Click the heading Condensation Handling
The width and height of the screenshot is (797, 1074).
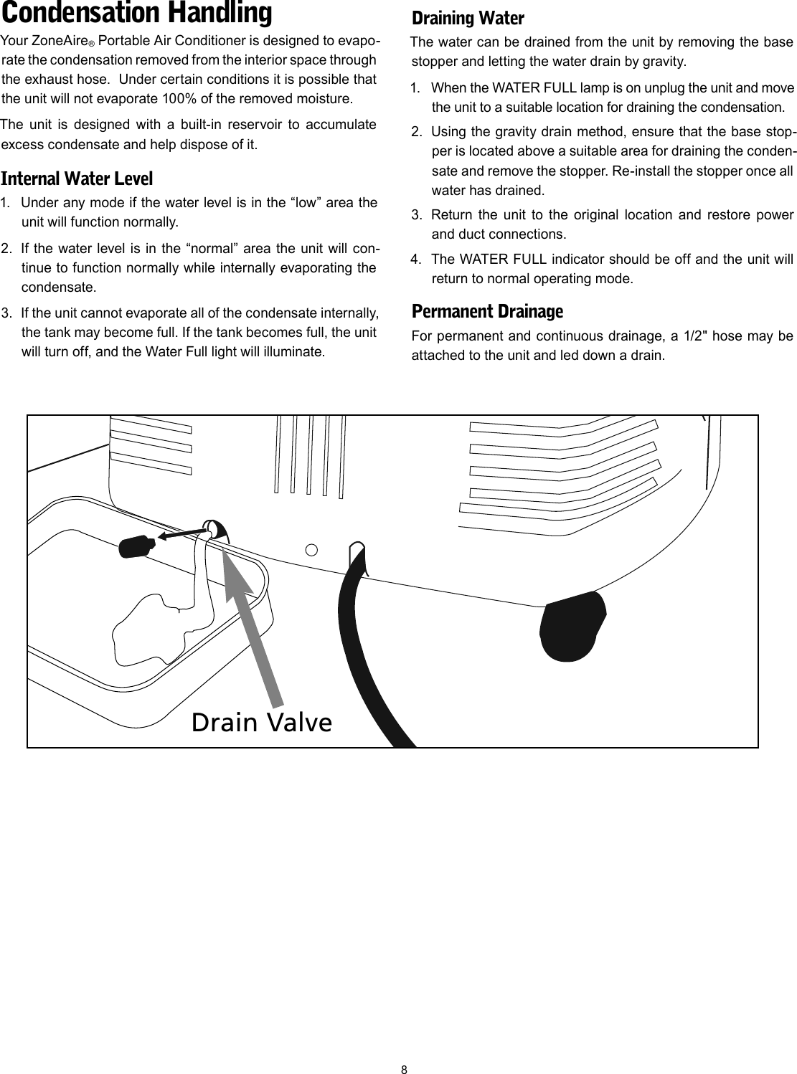click(x=136, y=14)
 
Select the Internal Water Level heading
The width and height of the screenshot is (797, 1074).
click(x=77, y=178)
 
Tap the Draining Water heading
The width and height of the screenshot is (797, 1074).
click(x=468, y=18)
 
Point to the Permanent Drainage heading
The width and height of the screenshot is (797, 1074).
click(x=487, y=312)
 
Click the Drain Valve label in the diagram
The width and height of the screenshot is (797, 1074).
click(x=262, y=723)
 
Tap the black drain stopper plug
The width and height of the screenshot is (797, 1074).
click(x=134, y=547)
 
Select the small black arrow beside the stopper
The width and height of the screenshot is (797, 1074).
click(x=182, y=532)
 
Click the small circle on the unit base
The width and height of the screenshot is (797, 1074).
click(x=312, y=550)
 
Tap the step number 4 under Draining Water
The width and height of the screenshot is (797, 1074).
click(x=415, y=258)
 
